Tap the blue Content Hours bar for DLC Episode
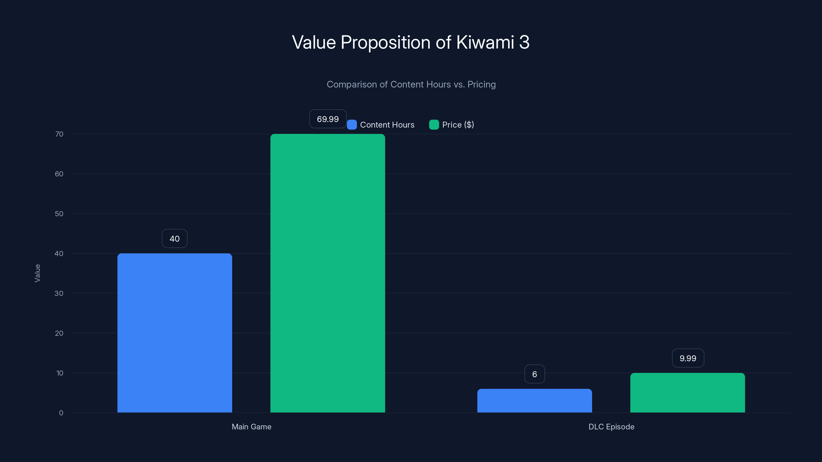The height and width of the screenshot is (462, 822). click(535, 400)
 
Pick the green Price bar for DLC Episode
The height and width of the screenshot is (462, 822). click(687, 392)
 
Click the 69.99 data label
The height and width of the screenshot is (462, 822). click(328, 119)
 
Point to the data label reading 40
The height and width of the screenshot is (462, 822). click(175, 238)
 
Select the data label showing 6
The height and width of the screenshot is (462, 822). click(535, 374)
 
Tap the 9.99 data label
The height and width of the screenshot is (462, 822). click(688, 358)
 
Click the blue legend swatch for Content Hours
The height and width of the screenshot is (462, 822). click(352, 125)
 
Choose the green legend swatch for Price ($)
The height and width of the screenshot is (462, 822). click(434, 125)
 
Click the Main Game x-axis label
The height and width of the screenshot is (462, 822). click(251, 427)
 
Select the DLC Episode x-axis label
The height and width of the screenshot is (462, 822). click(611, 427)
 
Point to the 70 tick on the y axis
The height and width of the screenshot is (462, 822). click(59, 134)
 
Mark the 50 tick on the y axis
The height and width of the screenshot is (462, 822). click(59, 214)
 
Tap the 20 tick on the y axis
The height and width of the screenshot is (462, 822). click(59, 333)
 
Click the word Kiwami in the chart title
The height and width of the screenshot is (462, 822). click(485, 42)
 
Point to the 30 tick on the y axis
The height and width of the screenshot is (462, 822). click(59, 293)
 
